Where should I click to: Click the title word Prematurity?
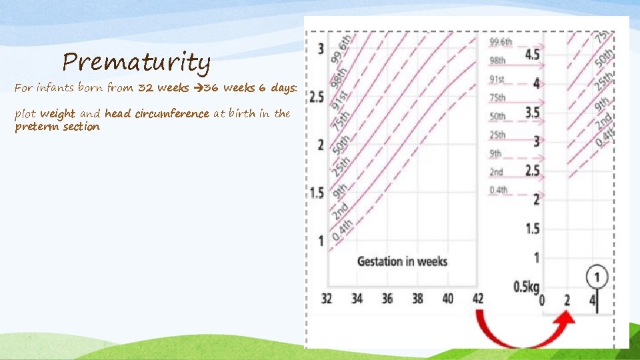pyautogui.click(x=137, y=63)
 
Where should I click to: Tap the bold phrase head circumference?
pyautogui.click(x=157, y=113)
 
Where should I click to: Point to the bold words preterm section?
pyautogui.click(x=57, y=127)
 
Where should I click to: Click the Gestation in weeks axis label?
pyautogui.click(x=402, y=261)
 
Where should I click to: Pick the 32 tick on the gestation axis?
pyautogui.click(x=326, y=299)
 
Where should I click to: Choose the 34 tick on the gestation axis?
pyautogui.click(x=357, y=299)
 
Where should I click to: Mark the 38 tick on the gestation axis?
pyautogui.click(x=417, y=299)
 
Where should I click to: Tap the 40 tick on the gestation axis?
pyautogui.click(x=447, y=299)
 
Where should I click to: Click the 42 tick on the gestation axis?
pyautogui.click(x=477, y=299)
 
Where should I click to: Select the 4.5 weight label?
pyautogui.click(x=532, y=55)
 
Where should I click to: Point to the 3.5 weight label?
pyautogui.click(x=532, y=112)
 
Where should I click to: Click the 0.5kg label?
pyautogui.click(x=526, y=287)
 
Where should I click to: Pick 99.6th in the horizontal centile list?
pyautogui.click(x=501, y=41)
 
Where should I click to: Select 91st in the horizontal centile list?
pyautogui.click(x=498, y=79)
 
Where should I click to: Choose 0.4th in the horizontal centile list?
pyautogui.click(x=499, y=190)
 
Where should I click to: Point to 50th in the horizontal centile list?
pyautogui.click(x=498, y=116)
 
